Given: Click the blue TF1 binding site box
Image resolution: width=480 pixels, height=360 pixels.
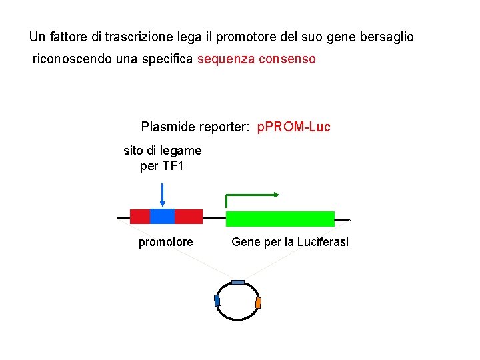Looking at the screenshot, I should tap(162, 216).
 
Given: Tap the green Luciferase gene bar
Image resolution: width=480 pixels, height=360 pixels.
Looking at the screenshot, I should tap(280, 219).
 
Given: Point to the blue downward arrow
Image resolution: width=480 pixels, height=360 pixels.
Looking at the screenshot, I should tap(162, 193).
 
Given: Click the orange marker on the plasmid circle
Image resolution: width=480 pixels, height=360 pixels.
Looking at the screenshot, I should tap(259, 303).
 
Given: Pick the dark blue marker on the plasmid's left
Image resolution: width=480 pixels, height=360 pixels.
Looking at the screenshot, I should tap(217, 301).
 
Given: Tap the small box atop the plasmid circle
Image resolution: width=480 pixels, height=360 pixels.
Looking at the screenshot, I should tap(238, 282).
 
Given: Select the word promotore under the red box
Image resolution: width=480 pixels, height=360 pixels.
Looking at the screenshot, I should tap(165, 242).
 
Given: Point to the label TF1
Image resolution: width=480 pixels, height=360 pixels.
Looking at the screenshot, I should tap(171, 166).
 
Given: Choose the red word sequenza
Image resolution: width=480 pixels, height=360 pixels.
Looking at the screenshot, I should tap(227, 59).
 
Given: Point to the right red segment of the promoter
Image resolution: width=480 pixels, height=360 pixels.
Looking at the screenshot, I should tap(189, 216).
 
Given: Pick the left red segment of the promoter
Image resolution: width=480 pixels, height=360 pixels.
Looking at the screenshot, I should tap(139, 216).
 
